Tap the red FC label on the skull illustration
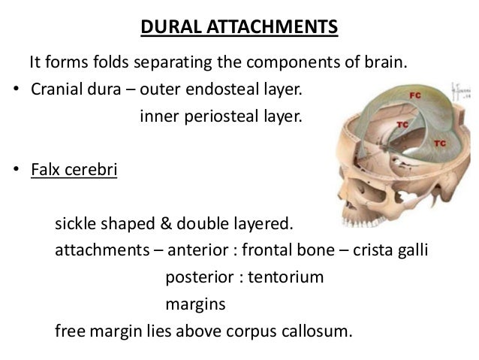point(414,97)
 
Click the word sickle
point(77,223)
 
